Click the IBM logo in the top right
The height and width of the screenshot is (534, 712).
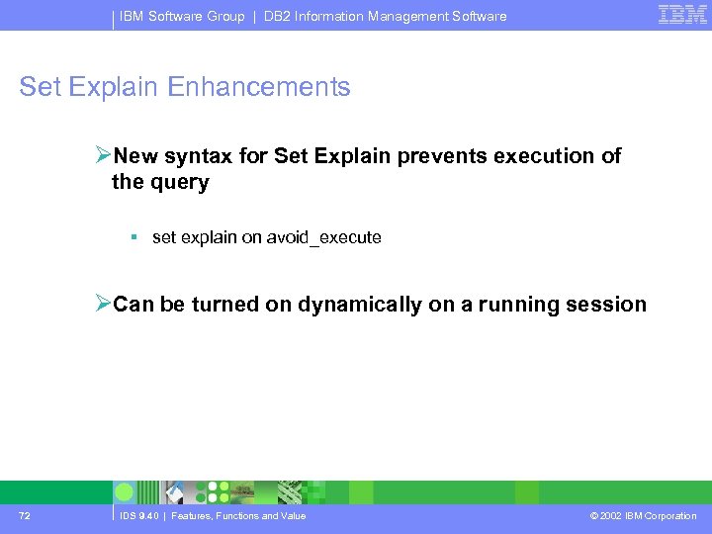point(682,15)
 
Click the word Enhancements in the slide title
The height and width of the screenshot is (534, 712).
point(259,87)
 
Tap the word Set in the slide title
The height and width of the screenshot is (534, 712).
point(41,87)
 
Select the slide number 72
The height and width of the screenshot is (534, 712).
point(24,516)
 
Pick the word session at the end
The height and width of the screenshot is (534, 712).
point(610,305)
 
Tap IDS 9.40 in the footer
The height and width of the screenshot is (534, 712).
point(139,516)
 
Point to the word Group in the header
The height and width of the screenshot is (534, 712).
point(224,16)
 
